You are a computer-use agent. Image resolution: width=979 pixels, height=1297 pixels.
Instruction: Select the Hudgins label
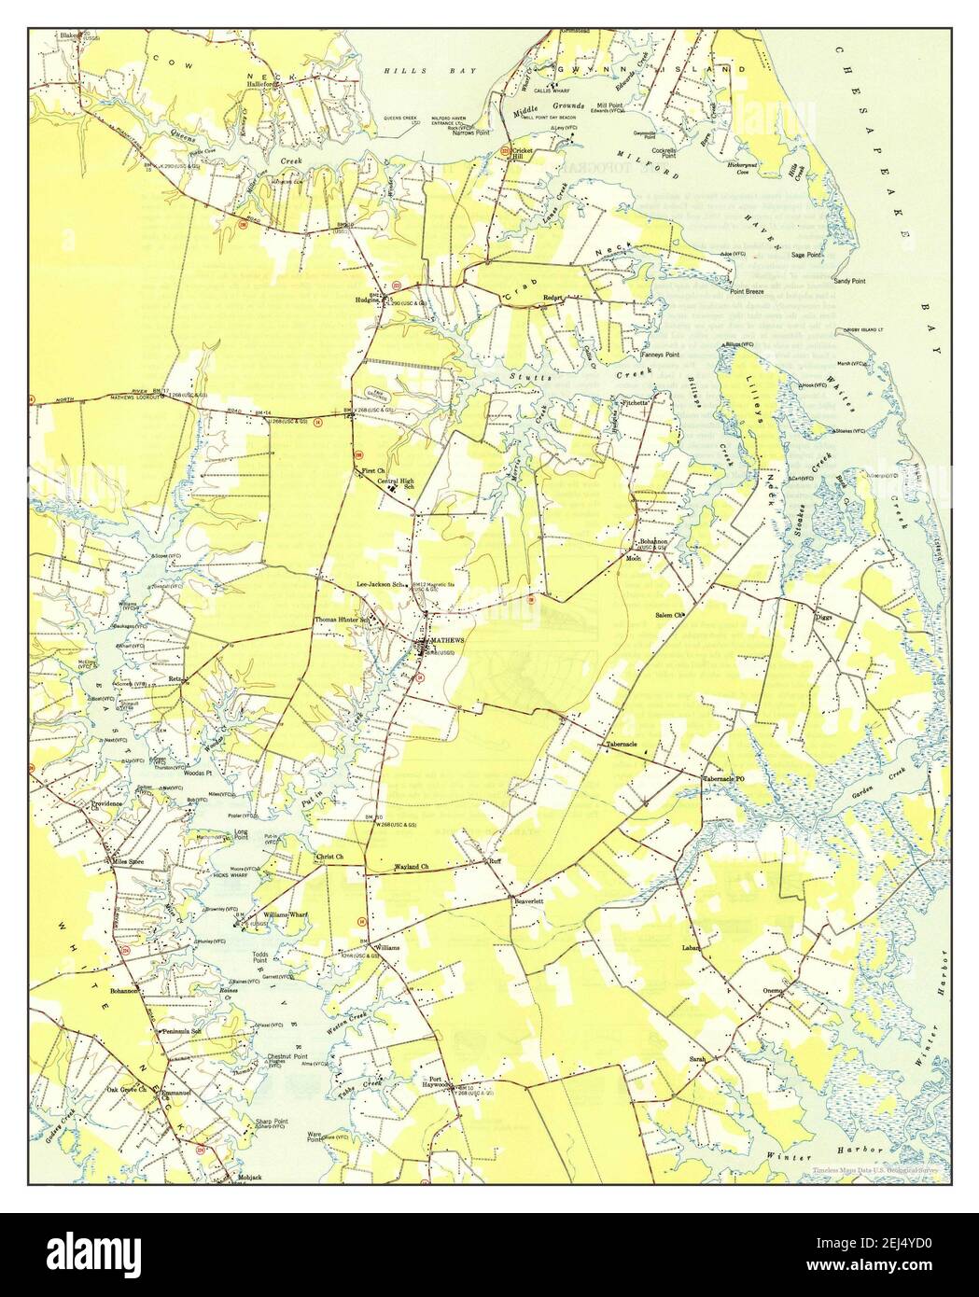click(366, 300)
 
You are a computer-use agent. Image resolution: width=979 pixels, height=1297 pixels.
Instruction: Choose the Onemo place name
click(776, 991)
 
